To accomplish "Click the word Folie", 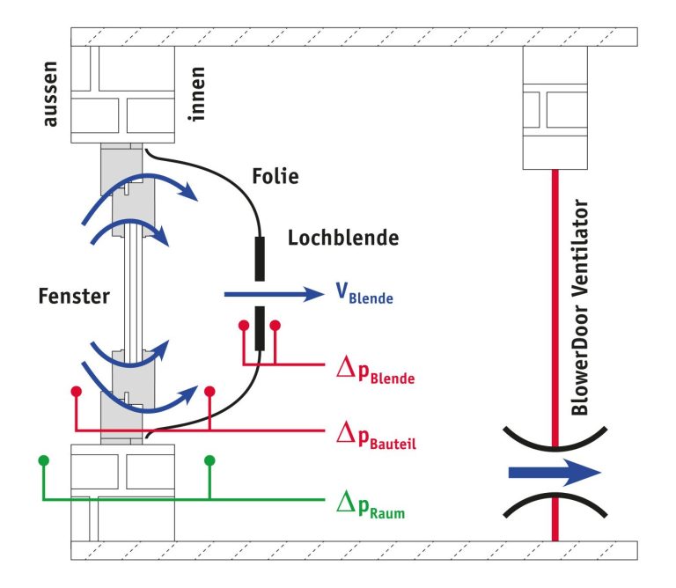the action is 275,176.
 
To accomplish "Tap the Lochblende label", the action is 343,238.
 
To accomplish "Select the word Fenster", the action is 74,296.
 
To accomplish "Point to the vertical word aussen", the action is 50,94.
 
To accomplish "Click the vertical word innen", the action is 196,94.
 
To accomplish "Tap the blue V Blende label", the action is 364,293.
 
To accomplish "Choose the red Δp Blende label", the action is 375,371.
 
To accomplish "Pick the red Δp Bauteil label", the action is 376,436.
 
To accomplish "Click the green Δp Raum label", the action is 371,505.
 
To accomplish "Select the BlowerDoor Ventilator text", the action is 579,307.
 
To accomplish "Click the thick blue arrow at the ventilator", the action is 555,473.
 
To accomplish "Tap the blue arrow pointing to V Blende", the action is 275,294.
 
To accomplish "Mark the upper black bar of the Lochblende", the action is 260,259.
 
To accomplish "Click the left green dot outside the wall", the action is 43,460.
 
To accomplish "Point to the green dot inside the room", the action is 209,460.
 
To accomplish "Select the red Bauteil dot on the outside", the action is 77,392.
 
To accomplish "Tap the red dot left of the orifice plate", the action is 244,326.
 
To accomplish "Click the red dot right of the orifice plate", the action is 275,326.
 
